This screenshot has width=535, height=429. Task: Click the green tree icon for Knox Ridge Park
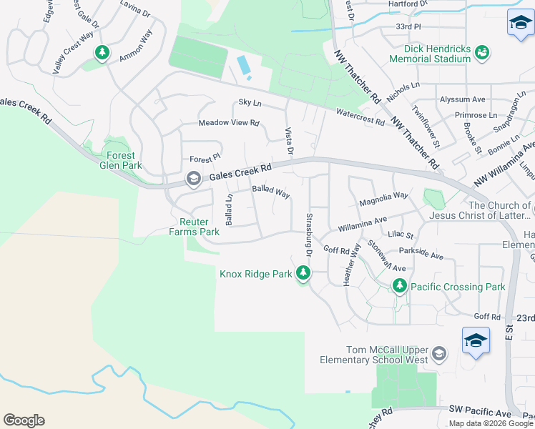303,273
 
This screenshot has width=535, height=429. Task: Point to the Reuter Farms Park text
194,227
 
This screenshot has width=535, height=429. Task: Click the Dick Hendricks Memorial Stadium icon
483,52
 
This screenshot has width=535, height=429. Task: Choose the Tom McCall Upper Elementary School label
367,355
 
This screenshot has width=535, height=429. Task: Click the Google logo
24,420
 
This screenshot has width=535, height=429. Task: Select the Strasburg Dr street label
310,235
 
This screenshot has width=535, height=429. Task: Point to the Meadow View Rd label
229,123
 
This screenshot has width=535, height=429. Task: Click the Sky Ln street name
250,104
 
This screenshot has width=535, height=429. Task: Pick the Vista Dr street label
290,141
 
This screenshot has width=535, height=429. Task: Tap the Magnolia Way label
383,199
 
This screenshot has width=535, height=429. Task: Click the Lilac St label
401,235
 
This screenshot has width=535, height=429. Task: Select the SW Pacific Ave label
480,413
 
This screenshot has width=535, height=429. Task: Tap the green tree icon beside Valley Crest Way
102,52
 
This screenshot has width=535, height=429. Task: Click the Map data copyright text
491,423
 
